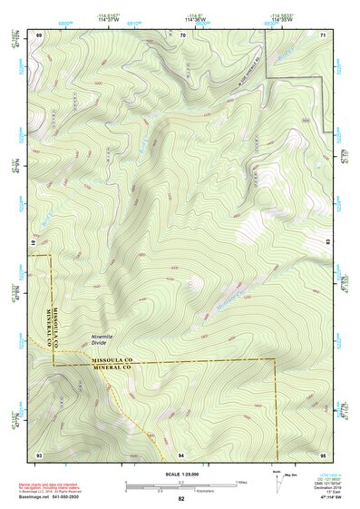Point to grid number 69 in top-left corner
[x=39, y=34]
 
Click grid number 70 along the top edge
[x=182, y=34]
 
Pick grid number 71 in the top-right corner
[x=323, y=34]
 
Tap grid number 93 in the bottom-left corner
[x=39, y=453]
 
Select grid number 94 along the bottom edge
[x=182, y=453]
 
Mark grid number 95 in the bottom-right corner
[x=323, y=453]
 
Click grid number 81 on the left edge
[x=34, y=243]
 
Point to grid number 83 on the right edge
[x=328, y=243]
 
